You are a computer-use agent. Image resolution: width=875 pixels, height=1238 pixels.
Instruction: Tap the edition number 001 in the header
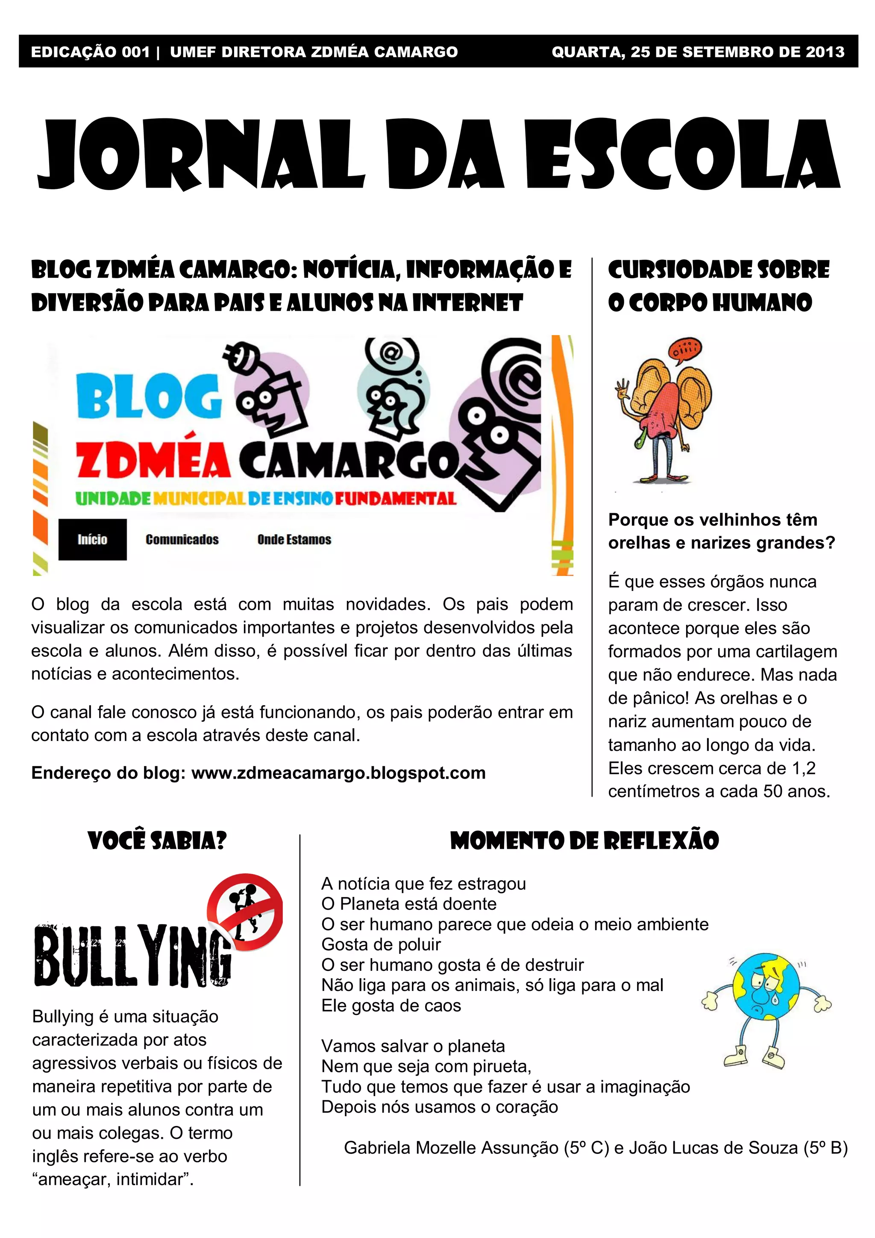136,52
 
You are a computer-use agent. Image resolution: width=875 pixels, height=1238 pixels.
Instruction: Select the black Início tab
92,539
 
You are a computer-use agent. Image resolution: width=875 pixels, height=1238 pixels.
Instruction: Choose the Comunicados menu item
182,539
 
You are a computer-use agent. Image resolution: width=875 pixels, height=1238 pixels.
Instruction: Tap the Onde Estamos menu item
294,539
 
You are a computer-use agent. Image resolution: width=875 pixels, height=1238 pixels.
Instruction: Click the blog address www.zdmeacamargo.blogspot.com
338,773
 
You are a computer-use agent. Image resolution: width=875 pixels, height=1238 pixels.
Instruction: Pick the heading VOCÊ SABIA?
157,841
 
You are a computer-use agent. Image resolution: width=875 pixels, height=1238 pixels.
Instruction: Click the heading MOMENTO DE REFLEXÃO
584,841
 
